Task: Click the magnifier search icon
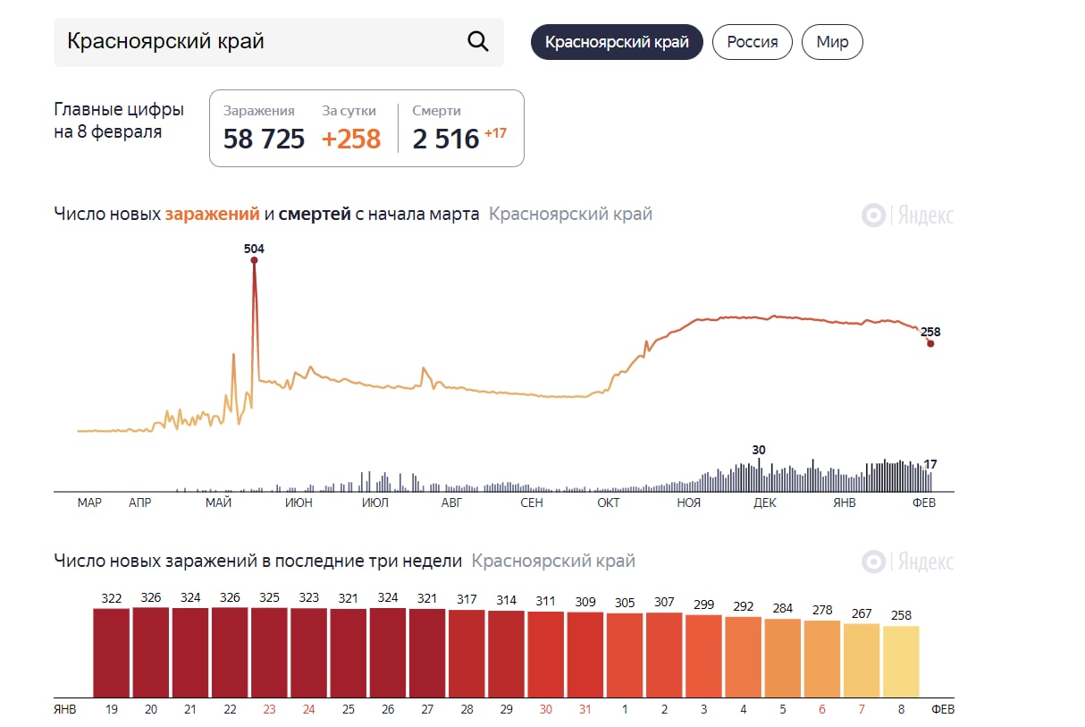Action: pos(478,41)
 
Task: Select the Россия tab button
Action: pos(752,42)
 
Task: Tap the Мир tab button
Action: pos(832,42)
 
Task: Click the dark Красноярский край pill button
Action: pos(617,42)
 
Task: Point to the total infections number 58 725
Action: pos(264,139)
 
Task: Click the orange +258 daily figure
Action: pos(351,139)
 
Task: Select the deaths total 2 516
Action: pos(446,139)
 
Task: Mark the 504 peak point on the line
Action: pos(254,260)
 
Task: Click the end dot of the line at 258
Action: pos(930,343)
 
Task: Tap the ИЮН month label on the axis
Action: pos(299,503)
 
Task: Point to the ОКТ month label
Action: pos(609,503)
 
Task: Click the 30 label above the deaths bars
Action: pos(759,450)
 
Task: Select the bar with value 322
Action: pos(112,653)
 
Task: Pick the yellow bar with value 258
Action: pos(901,662)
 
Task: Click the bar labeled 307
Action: pos(664,655)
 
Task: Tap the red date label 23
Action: pos(269,709)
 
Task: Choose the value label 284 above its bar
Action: pos(782,609)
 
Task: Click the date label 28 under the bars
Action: pos(467,709)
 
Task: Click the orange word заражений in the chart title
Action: pos(213,215)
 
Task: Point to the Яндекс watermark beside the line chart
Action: pos(908,216)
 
